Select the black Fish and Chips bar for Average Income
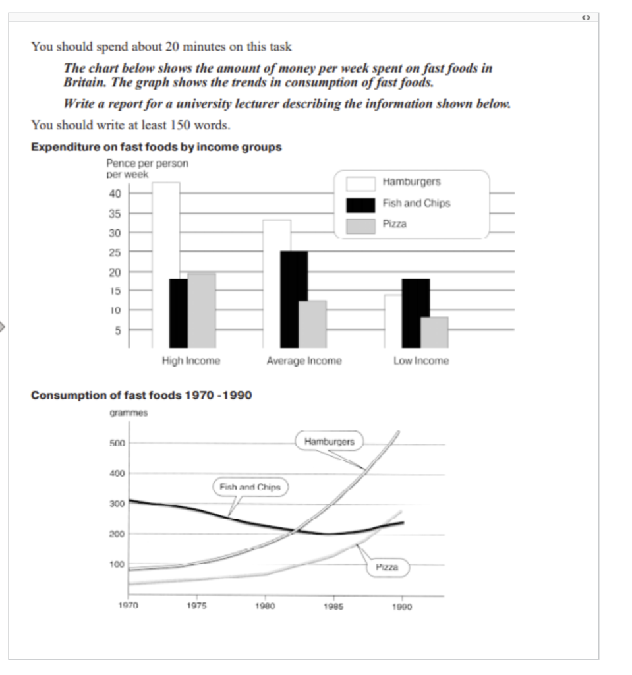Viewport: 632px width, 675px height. (x=294, y=299)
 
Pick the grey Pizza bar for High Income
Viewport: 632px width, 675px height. (x=201, y=310)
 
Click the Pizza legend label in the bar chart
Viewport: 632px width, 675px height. (x=394, y=224)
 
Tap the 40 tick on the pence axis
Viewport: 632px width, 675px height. (x=115, y=194)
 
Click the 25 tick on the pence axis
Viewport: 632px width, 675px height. (x=115, y=252)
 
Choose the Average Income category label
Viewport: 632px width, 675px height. (x=304, y=361)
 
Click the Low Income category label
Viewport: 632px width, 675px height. (x=420, y=361)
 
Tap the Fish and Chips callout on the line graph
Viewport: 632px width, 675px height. (x=250, y=488)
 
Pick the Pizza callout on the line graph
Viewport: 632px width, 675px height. (x=387, y=567)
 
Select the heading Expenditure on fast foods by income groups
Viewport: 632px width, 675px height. (x=156, y=147)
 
